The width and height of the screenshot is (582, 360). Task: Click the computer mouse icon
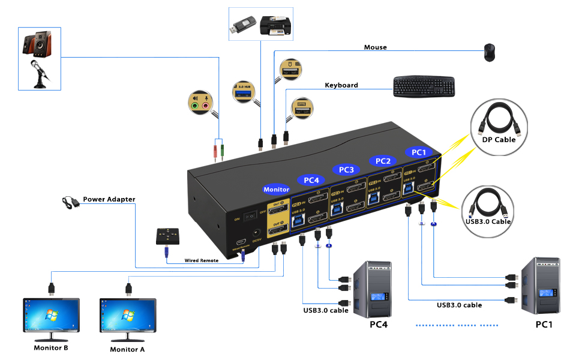tap(490, 52)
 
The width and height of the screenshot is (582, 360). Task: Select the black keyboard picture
tap(424, 86)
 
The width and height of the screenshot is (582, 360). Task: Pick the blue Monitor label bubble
tap(277, 190)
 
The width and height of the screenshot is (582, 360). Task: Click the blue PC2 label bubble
tap(383, 161)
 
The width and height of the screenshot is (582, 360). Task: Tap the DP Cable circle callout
tap(499, 124)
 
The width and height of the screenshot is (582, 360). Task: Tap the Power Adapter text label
tap(109, 199)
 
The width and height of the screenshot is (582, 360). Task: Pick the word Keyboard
tap(341, 85)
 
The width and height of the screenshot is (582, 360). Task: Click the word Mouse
tap(375, 47)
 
